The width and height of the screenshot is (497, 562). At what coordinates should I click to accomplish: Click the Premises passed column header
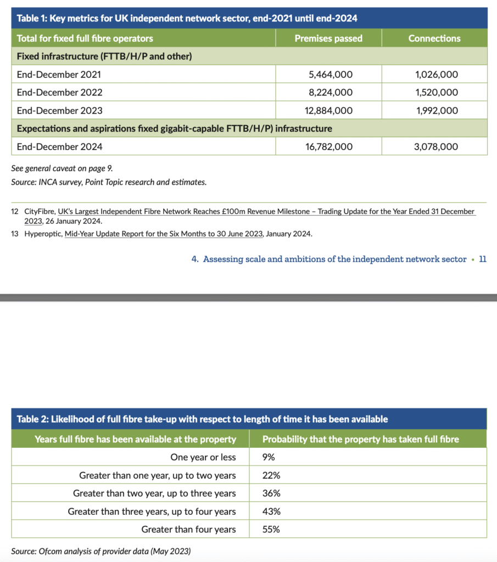point(328,38)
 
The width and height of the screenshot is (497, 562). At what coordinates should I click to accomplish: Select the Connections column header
point(434,38)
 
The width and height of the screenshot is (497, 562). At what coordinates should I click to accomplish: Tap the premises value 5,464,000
point(328,74)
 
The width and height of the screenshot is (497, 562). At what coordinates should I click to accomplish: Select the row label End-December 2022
point(60,92)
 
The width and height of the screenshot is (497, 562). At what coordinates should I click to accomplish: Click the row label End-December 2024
point(60,147)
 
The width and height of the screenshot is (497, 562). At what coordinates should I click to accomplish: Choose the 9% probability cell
point(269,457)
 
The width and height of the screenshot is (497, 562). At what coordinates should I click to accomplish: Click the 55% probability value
point(271,530)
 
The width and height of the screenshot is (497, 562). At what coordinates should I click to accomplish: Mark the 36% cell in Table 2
point(271,493)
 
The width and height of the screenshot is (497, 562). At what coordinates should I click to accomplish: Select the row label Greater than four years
point(188,530)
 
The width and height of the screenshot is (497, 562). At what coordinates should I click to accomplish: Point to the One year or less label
point(203,457)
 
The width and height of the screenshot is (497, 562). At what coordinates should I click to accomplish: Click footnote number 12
point(15,211)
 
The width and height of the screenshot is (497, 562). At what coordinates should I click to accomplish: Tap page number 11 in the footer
point(482,260)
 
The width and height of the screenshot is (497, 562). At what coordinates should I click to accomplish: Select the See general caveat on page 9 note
point(62,168)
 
